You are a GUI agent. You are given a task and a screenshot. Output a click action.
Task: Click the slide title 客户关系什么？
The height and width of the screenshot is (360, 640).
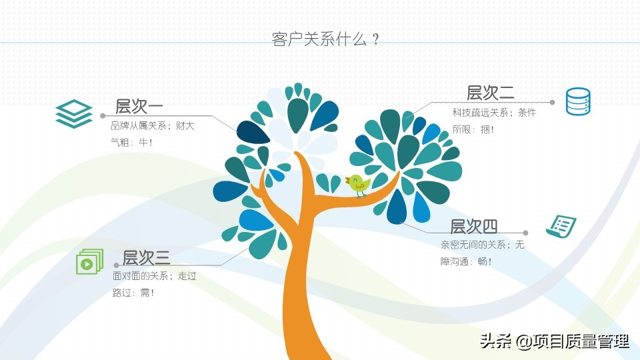coord(326,39)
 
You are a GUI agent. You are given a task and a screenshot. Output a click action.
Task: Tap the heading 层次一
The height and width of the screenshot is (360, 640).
coord(139,107)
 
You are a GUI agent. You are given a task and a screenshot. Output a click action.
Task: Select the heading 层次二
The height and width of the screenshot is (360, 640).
coord(490,93)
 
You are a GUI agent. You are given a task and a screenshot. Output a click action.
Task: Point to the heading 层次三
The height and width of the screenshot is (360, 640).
coord(146,257)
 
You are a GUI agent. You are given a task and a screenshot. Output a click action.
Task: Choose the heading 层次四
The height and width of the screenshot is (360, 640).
coord(473,226)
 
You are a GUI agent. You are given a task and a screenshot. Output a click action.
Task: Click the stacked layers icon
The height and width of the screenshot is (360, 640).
coord(74,114)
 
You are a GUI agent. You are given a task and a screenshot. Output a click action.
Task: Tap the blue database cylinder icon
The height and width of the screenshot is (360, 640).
coord(578,101)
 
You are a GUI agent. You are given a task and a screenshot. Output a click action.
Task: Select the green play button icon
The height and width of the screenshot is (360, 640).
coord(89,261)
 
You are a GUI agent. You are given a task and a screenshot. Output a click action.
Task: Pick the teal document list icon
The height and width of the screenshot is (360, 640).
coord(561,227)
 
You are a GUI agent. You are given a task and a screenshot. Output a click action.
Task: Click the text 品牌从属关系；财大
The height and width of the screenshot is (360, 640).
coord(152,126)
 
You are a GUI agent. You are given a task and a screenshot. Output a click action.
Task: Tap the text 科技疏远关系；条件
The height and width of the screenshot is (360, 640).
coord(494,113)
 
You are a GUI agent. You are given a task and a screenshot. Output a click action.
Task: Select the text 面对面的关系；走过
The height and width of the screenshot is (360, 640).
coord(154,276)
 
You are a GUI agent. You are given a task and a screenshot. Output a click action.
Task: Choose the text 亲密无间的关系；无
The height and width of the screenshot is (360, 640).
coord(482,245)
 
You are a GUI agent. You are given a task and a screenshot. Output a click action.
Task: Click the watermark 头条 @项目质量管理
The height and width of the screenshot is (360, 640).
coord(555,341)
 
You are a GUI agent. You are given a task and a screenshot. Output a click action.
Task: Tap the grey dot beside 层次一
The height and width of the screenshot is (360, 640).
coord(103,116)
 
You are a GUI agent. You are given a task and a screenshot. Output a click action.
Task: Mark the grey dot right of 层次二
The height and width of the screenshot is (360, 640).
coord(552,103)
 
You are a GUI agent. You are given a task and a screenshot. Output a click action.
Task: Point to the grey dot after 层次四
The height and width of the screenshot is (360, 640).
coord(526,233)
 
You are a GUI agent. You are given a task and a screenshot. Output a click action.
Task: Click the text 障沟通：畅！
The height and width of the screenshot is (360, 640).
coord(467,261)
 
